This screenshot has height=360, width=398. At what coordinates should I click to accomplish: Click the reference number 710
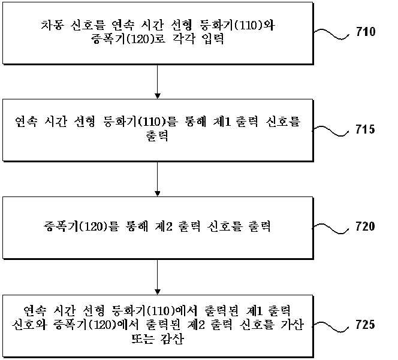366,32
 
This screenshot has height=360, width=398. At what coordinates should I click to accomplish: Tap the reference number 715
365,129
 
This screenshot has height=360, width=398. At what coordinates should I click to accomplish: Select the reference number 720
365,226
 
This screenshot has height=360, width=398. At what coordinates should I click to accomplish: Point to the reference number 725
365,325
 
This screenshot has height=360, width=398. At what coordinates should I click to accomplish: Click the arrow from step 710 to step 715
158,81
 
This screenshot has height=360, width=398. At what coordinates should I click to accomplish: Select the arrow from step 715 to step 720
158,179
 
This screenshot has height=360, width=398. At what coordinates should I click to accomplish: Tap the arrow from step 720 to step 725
158,277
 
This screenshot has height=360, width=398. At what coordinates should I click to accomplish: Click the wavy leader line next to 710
331,34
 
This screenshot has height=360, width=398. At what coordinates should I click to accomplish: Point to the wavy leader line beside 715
330,131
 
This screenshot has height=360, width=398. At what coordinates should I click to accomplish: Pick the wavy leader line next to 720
330,228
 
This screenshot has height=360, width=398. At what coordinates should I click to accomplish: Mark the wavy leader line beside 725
330,326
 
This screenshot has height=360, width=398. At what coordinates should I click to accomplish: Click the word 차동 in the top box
52,25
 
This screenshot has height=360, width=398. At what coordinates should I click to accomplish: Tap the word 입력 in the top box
213,39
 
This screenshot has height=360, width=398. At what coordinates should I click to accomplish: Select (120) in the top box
140,40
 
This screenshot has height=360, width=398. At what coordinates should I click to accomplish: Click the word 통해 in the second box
195,122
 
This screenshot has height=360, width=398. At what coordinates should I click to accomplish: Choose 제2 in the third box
164,226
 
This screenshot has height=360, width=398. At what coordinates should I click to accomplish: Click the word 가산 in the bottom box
292,325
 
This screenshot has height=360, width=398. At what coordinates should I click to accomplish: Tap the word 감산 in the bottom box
172,338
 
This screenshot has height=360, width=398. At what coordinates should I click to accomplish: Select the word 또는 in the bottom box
143,338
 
